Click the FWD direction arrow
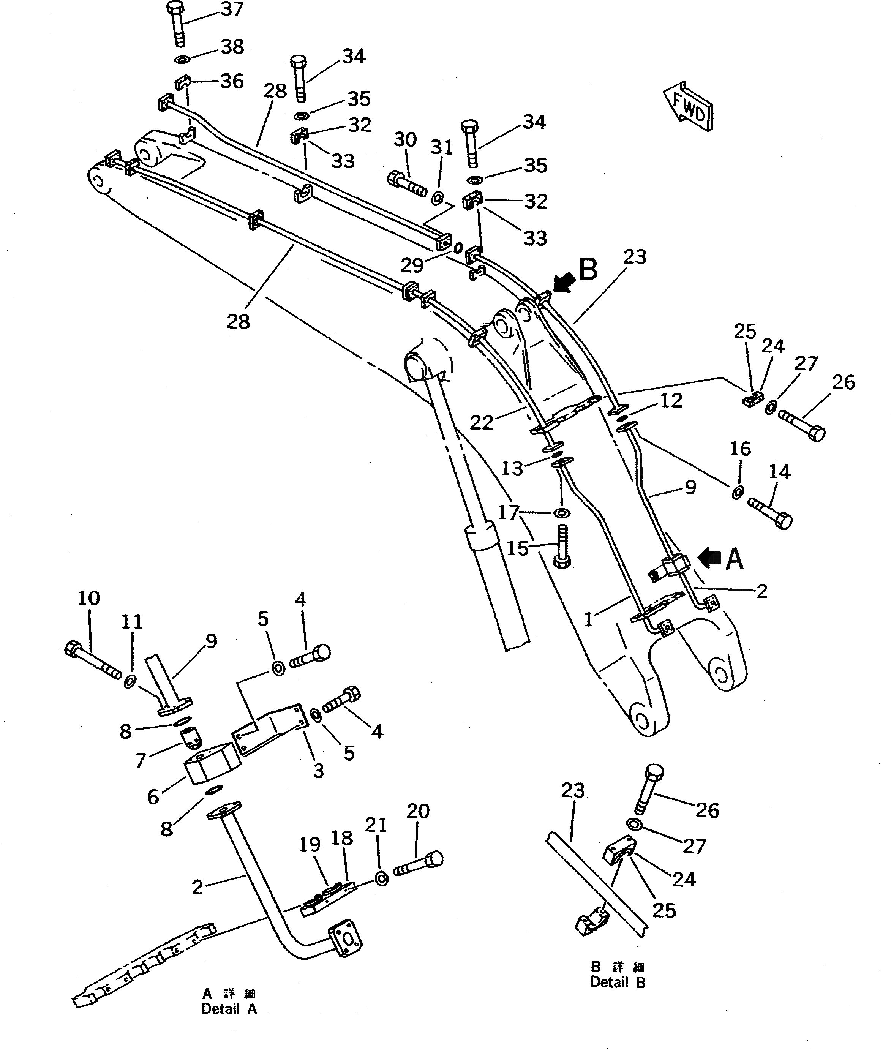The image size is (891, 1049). [689, 107]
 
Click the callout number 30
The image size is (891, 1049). [405, 139]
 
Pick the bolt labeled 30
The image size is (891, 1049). [407, 185]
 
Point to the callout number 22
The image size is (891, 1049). [481, 422]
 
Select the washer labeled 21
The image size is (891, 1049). [382, 878]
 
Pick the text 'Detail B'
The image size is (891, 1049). [617, 982]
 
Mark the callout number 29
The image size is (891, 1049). [412, 265]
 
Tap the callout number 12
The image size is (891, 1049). [671, 401]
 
